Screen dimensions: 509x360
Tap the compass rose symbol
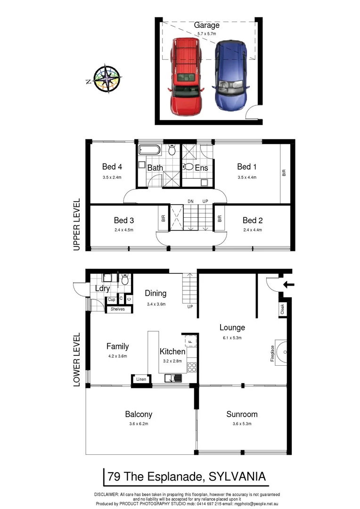pos(107,78)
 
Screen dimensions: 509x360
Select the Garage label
pos(206,25)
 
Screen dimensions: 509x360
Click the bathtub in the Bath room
pos(149,151)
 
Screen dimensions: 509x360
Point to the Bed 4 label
pos(112,166)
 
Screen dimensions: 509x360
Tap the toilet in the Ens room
pos(188,166)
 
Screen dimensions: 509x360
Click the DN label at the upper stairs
pos(190,201)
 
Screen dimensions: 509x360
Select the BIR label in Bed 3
pos(163,219)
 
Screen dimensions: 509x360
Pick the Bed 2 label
pos(253,220)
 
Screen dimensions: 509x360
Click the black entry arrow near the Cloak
pos(288,284)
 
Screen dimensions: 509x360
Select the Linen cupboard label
pos(141,379)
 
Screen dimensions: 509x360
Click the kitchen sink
pos(173,378)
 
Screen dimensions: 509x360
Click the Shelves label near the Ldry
pos(117,309)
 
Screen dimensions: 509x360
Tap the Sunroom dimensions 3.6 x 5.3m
pos(242,424)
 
